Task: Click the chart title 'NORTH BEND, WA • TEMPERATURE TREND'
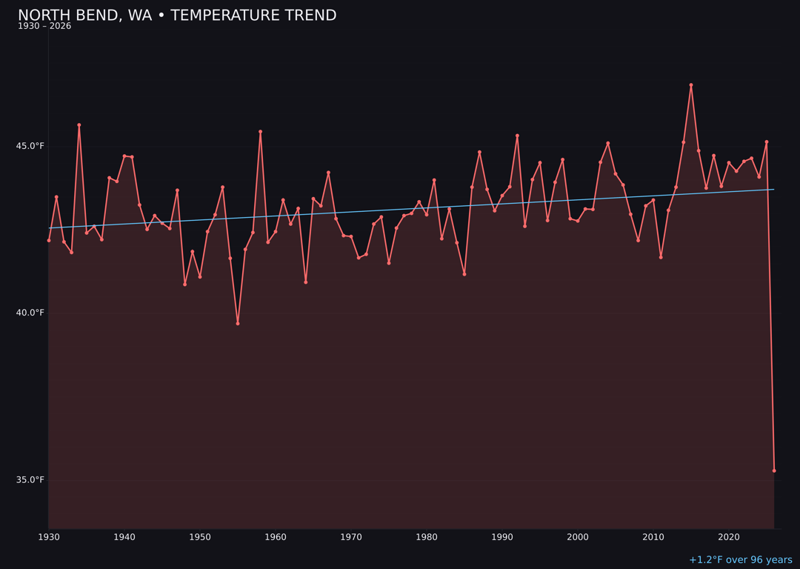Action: click(177, 16)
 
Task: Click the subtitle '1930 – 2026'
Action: click(44, 27)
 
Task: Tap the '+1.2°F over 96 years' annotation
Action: click(740, 560)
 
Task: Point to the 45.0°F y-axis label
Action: click(31, 146)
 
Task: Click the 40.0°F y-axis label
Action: click(31, 313)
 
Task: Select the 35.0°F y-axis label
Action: click(31, 480)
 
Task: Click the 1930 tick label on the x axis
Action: click(49, 537)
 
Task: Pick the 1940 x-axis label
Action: click(124, 537)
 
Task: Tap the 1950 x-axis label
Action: click(200, 537)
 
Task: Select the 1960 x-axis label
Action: click(276, 537)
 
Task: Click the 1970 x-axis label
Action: click(351, 537)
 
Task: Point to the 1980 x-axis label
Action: click(427, 537)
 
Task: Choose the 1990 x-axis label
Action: click(502, 537)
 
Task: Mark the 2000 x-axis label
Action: click(578, 537)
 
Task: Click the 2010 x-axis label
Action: click(653, 537)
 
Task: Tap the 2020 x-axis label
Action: click(729, 537)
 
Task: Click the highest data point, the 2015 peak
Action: click(691, 85)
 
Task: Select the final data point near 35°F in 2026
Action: click(774, 470)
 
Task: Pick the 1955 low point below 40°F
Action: click(238, 323)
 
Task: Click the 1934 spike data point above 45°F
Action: click(79, 125)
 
